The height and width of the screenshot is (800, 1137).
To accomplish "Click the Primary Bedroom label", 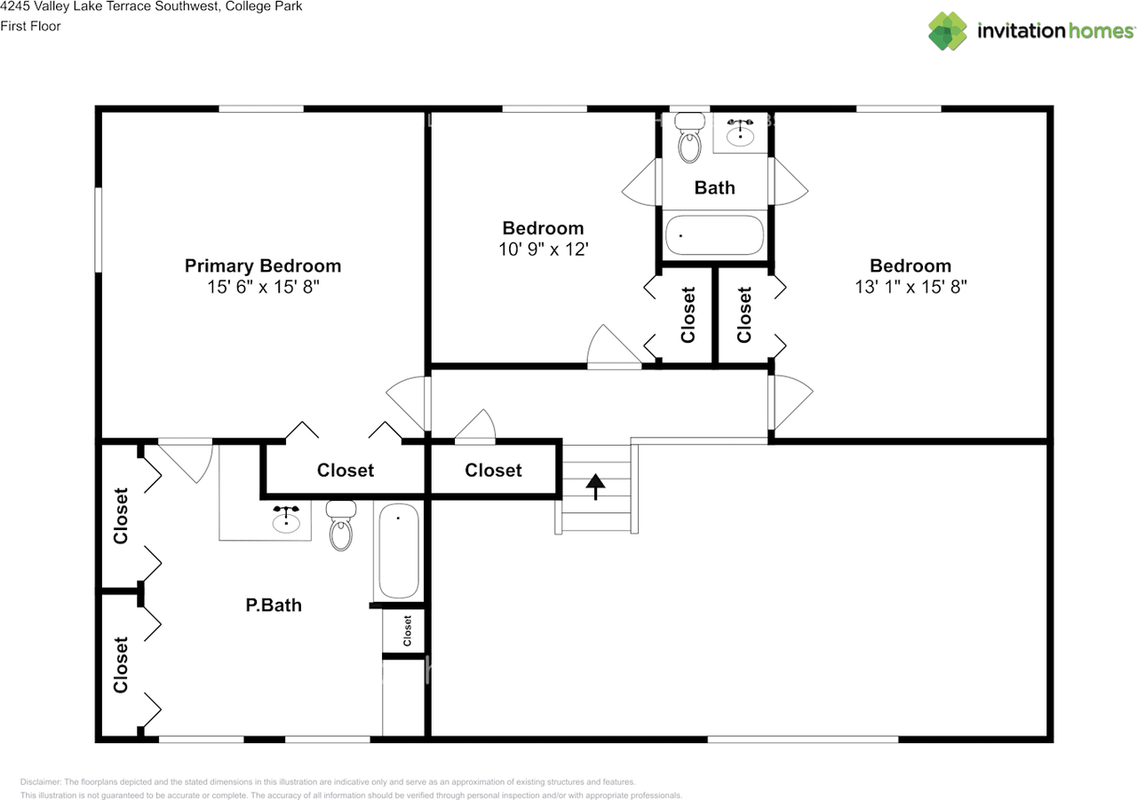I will point(262,265).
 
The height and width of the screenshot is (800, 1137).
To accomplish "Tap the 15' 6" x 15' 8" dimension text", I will point(262,287).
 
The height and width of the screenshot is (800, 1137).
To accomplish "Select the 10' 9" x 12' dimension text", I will point(543,250).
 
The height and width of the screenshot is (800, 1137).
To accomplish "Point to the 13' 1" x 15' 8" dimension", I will point(910,287).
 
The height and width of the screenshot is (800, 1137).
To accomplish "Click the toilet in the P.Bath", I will point(340,527).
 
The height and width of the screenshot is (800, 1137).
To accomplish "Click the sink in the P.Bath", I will point(286,520).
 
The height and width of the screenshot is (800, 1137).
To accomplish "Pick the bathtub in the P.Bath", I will point(398,550).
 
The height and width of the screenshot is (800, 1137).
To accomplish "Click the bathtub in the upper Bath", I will point(714,235).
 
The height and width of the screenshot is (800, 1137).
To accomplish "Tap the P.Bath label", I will point(274,606).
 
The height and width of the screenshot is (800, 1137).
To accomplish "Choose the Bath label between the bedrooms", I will point(714,187).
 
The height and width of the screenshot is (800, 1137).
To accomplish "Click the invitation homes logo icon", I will point(947,31).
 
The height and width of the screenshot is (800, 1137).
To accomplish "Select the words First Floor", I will point(31,26).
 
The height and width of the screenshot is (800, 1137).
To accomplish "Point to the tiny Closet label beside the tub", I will point(408,630).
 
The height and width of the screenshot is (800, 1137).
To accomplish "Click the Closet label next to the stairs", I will point(493,471).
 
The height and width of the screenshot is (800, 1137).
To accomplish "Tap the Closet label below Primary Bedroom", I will point(346,471).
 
